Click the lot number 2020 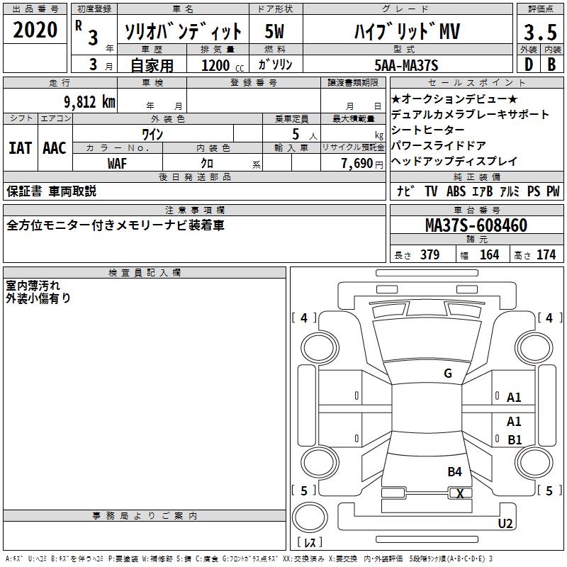(x=35, y=30)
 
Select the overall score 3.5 (x=540, y=32)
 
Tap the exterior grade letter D (x=529, y=64)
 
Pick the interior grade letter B (x=551, y=64)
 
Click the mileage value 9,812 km (x=90, y=102)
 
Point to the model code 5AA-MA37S (x=406, y=65)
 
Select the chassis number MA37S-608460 (x=476, y=225)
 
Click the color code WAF (x=117, y=164)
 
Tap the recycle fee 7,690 (x=357, y=164)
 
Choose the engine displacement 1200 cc (x=223, y=65)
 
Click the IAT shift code (x=21, y=148)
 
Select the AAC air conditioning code (x=55, y=148)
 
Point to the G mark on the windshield (x=448, y=374)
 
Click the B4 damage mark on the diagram (x=454, y=472)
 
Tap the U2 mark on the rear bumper (x=505, y=523)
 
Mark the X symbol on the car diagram (x=460, y=493)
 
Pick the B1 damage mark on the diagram (x=515, y=439)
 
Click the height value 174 (x=546, y=254)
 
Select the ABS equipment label (x=456, y=191)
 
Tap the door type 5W (x=274, y=31)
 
